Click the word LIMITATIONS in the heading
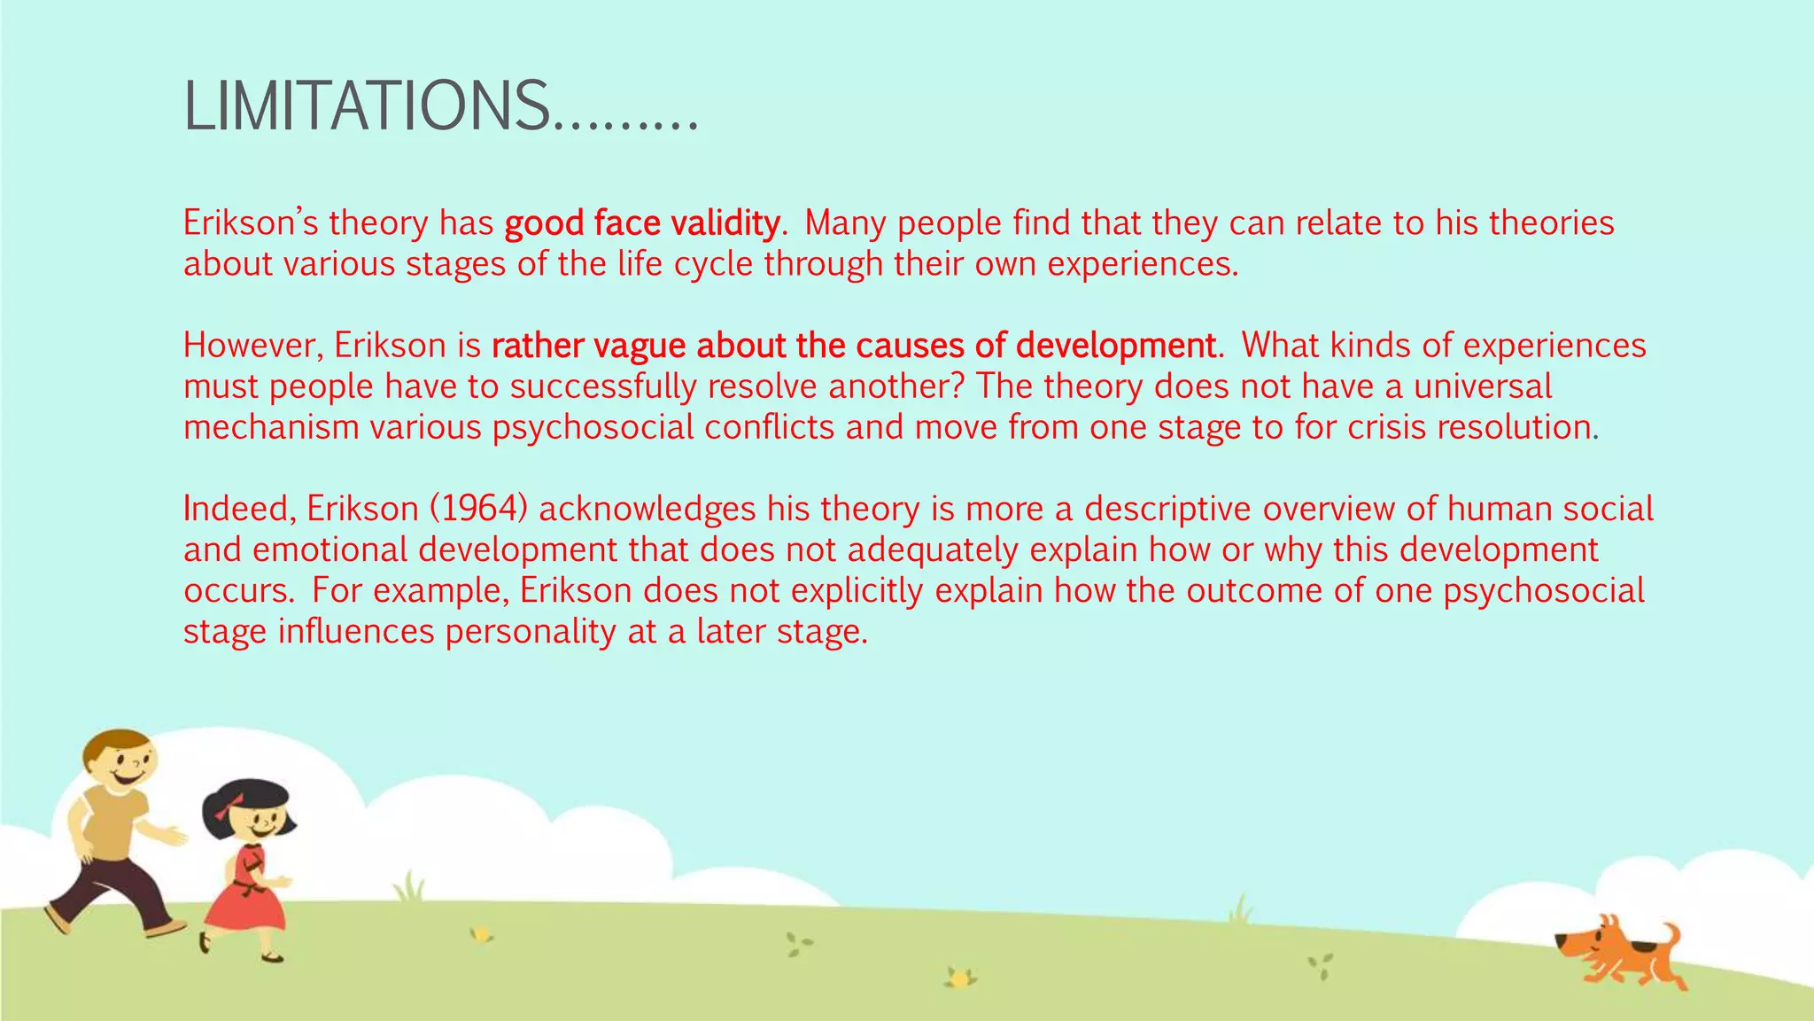365,106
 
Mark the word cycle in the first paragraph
712,264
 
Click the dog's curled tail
1669,934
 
